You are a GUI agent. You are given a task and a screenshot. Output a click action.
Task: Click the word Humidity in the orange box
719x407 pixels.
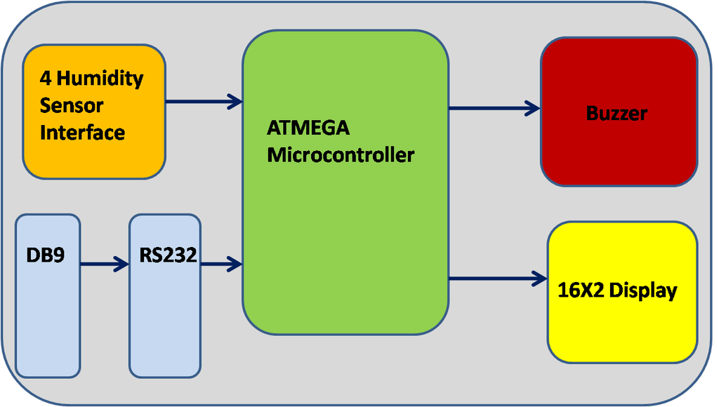[x=100, y=79]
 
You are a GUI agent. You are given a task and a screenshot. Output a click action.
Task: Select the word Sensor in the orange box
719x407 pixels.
[x=72, y=105]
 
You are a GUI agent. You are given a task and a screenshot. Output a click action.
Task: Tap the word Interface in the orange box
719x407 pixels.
[x=83, y=133]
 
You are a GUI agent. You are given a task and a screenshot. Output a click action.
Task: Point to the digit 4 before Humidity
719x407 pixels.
[x=46, y=79]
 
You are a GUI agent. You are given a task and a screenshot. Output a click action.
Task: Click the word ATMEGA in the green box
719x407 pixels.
[x=308, y=128]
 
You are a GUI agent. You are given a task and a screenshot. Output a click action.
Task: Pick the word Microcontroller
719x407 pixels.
[x=341, y=155]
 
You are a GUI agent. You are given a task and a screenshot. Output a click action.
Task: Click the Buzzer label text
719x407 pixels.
[x=616, y=113]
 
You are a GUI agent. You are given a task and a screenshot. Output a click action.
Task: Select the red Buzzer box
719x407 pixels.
[x=619, y=112]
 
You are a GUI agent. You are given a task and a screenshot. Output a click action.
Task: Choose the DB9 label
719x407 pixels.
[x=46, y=255]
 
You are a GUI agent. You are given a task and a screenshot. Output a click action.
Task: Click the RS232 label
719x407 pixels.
[x=169, y=255]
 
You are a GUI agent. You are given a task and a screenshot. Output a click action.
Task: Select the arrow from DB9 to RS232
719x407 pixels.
[x=105, y=264]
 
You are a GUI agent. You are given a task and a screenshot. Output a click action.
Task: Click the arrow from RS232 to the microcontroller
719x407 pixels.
[x=221, y=264]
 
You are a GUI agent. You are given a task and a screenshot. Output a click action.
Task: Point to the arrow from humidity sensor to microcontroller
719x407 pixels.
[x=204, y=101]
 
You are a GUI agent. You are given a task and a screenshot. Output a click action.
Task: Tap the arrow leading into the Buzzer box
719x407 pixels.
[x=494, y=109]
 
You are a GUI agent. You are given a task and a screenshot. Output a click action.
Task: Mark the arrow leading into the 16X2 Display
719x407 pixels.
[x=498, y=278]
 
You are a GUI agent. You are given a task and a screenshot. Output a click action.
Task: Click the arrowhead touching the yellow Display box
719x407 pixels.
[x=540, y=278]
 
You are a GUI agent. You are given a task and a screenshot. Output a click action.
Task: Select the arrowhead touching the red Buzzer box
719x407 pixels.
[x=533, y=109]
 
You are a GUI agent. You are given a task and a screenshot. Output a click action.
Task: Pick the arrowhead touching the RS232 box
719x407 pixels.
[x=121, y=264]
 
